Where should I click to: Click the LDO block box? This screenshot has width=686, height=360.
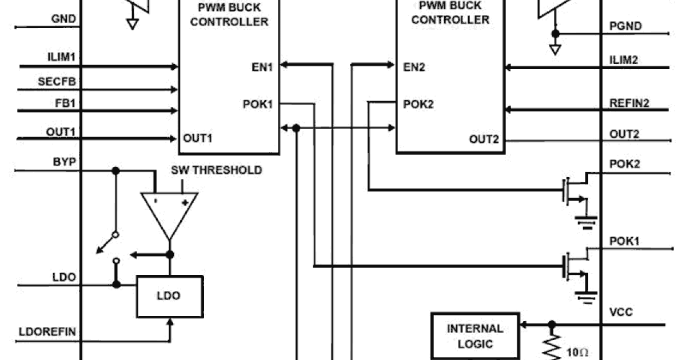point(170,296)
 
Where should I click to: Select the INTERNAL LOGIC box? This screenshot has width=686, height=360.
point(475,336)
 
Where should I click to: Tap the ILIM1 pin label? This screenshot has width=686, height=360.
point(62,57)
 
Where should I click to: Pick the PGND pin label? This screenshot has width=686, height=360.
point(625,26)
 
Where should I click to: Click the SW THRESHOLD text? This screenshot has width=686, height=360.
point(217,170)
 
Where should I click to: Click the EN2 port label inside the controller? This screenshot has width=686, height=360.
point(414,67)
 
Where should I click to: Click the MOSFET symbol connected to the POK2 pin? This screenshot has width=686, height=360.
point(575,194)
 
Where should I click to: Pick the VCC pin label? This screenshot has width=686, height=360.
point(621,313)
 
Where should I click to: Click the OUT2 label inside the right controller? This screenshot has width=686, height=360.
point(484,139)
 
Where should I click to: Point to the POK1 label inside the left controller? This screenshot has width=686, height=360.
point(258,105)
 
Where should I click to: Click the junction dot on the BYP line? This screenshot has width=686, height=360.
point(116,170)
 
